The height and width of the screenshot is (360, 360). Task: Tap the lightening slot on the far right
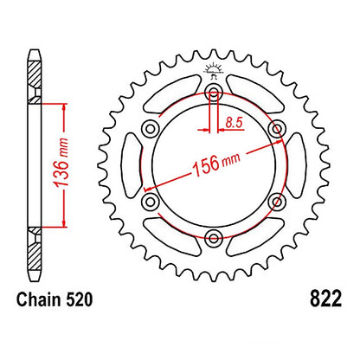[295, 164]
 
